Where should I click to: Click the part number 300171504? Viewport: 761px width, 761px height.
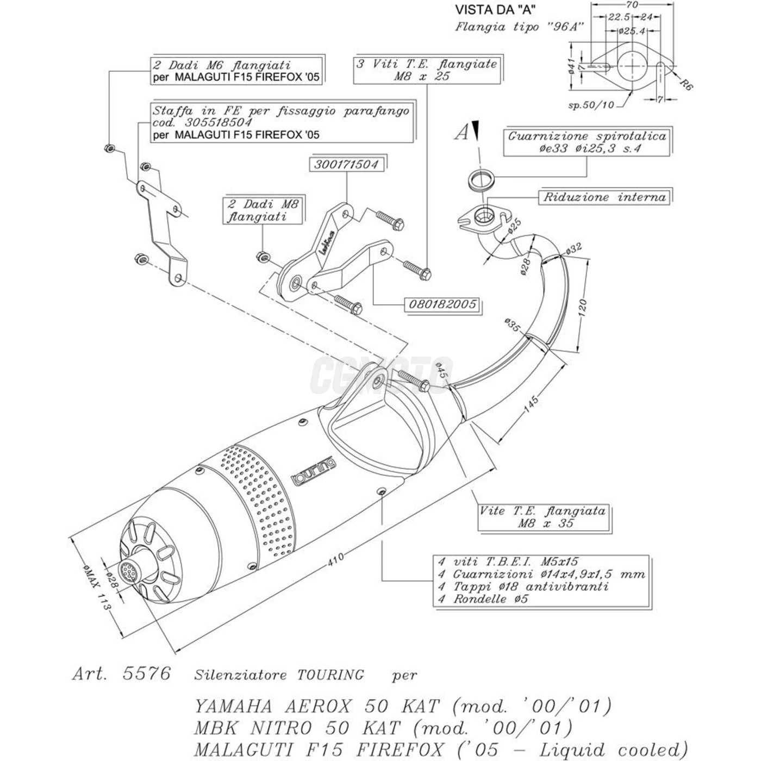[346, 164]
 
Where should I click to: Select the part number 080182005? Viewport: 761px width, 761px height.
[442, 304]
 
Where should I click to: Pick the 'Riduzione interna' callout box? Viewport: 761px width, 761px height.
[604, 197]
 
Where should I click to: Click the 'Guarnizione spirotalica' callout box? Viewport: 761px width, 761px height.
[587, 142]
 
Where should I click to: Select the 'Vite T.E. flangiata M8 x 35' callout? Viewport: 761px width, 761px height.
[542, 517]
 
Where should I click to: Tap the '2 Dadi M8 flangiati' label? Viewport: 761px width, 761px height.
[263, 210]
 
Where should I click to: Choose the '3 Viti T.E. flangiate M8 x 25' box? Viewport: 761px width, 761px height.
[427, 70]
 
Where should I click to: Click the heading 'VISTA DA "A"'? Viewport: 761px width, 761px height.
[495, 9]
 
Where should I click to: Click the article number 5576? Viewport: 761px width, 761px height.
[147, 673]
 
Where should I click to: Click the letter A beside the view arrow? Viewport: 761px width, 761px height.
[461, 132]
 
